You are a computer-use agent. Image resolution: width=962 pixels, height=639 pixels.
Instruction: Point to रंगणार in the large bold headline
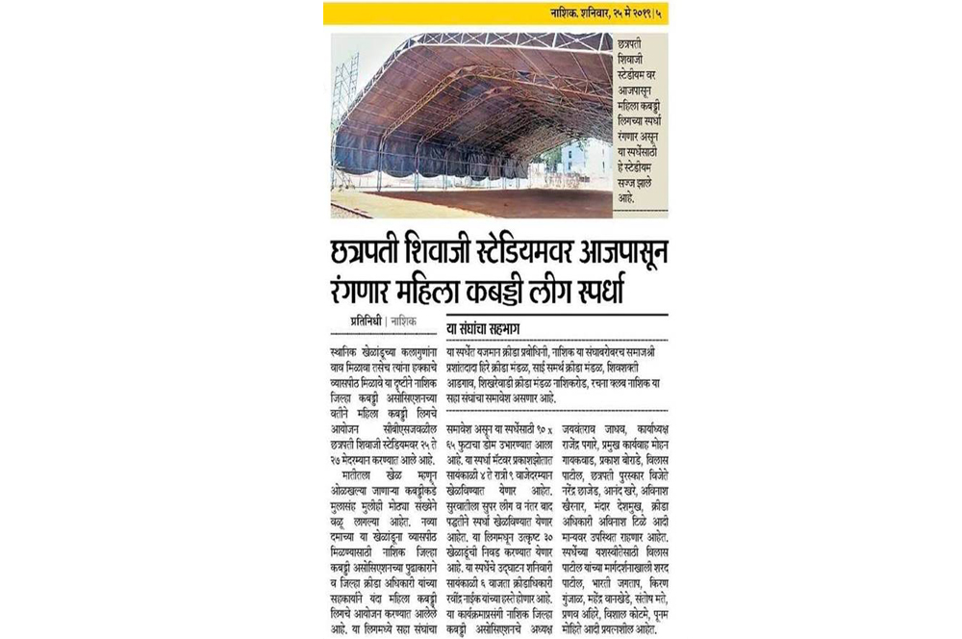coord(373,288)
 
